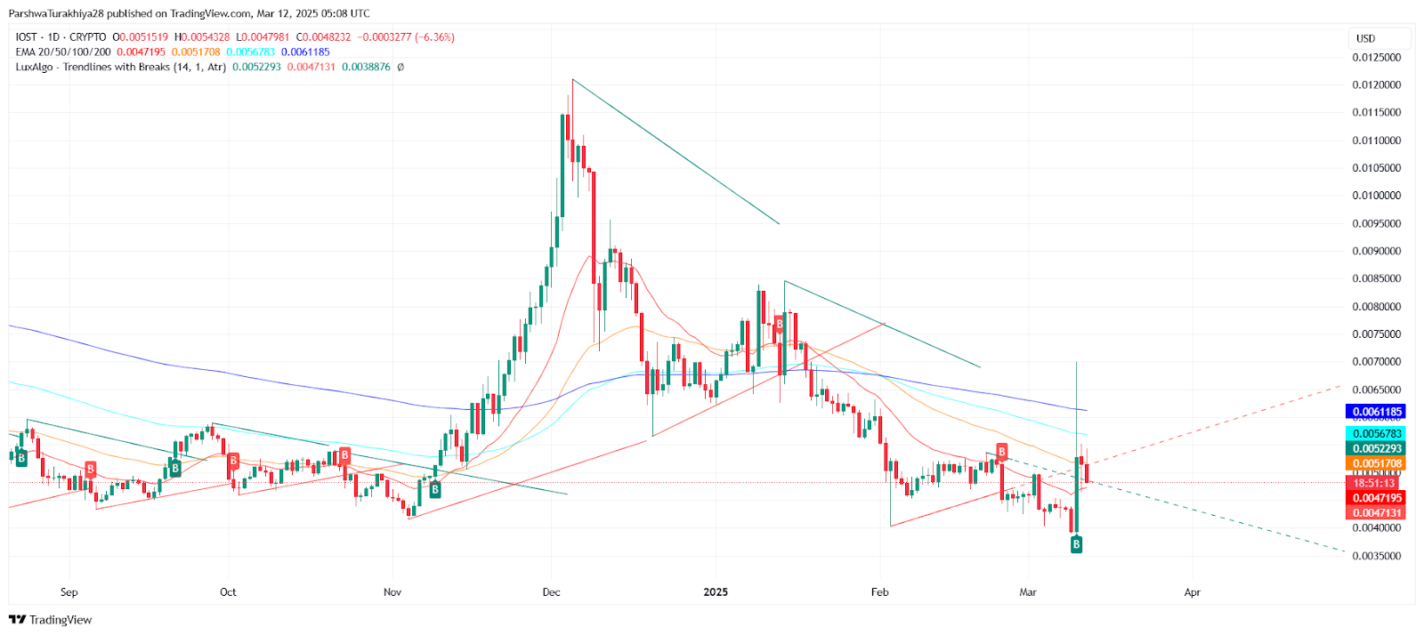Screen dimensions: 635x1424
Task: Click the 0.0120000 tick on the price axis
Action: coord(1376,85)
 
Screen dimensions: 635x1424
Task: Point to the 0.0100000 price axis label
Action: coord(1376,196)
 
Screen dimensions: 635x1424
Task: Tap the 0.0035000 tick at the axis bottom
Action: coord(1376,556)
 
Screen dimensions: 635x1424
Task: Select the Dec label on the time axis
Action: coord(551,592)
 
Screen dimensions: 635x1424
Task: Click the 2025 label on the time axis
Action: coord(716,592)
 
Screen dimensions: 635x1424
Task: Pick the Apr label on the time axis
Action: coord(1192,592)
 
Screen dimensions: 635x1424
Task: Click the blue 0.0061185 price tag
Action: coord(1377,412)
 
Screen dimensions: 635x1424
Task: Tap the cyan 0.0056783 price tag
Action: coord(1377,434)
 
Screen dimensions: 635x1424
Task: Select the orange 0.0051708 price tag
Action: coord(1377,463)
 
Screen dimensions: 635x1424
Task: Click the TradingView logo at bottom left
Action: coord(51,620)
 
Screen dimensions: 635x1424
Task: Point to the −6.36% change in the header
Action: coord(435,37)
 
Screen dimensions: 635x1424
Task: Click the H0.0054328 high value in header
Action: coord(202,37)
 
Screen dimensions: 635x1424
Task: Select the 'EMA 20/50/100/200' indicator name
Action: coord(63,52)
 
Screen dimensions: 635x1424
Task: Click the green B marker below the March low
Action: coord(1076,544)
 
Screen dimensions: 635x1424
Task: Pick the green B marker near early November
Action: coord(434,489)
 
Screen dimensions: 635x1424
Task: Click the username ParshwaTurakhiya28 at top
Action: coord(56,13)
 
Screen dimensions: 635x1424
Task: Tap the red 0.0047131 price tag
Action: coord(1377,512)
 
